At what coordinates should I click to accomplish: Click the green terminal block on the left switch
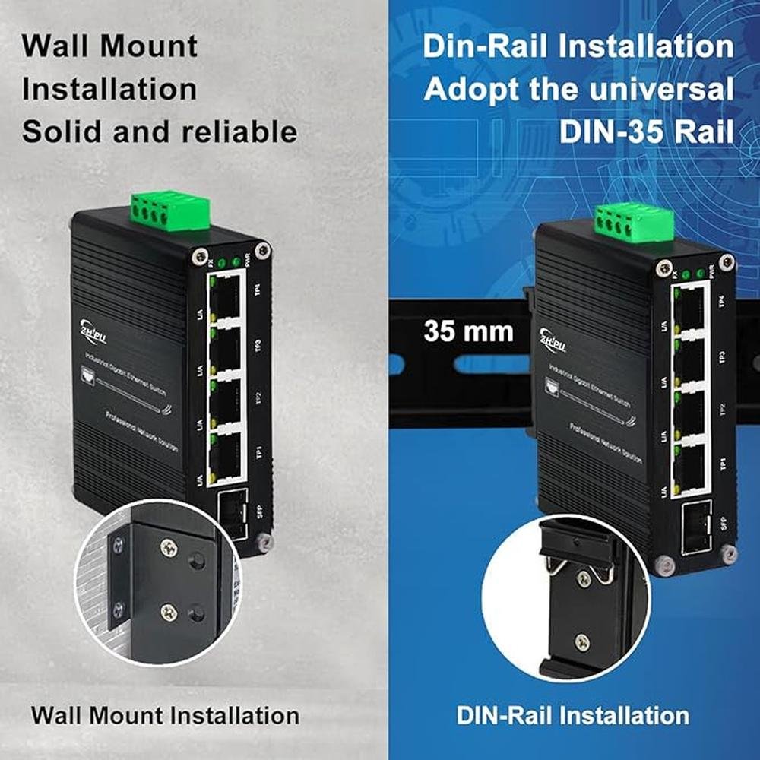[169, 210]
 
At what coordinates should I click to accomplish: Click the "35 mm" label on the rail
[468, 331]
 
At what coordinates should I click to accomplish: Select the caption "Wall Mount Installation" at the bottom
[165, 715]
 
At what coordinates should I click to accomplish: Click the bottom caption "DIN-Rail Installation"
[573, 715]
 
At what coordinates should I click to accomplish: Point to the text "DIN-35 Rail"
[646, 131]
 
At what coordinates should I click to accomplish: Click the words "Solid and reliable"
[159, 131]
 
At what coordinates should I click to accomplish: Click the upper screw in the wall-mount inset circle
[169, 545]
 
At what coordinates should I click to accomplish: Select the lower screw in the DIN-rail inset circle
[582, 643]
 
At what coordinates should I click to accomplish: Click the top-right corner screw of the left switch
[262, 249]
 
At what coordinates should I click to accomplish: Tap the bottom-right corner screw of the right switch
[729, 554]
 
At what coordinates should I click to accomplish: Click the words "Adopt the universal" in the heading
[578, 89]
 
